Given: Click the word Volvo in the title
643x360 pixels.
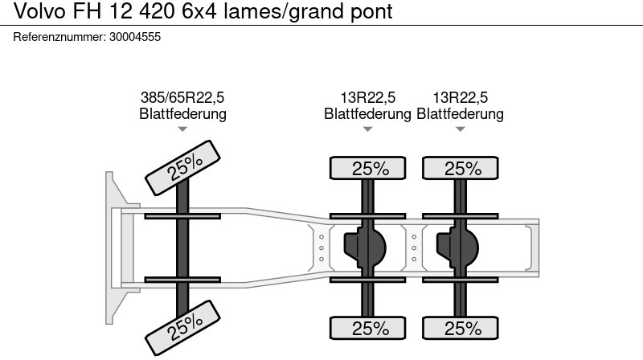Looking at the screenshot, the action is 39,10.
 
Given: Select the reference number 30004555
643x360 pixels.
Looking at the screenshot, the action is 135,37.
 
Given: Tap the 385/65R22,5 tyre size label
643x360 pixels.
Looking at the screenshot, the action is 182,97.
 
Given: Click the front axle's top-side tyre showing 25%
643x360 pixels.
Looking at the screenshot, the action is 182,168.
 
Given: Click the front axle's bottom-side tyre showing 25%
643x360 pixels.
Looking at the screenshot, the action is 182,328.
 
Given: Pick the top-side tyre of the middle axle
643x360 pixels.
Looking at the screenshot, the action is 368,168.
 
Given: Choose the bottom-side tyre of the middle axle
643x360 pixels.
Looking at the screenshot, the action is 368,328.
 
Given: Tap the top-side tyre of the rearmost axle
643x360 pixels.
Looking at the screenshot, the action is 460,168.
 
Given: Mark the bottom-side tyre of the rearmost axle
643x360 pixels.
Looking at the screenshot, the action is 460,328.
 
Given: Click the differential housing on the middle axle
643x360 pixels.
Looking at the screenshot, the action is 365,247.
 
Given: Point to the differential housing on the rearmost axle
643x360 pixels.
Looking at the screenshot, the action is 457,247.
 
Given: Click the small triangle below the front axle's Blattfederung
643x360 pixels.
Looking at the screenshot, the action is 182,129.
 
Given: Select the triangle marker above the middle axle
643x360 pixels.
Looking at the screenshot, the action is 368,129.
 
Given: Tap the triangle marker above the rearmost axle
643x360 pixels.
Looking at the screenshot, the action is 460,129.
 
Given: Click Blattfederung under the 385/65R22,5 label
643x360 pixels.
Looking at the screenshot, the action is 183,113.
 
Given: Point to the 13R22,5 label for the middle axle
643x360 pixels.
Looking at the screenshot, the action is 368,97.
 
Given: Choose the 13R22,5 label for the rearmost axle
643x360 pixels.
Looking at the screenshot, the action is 460,97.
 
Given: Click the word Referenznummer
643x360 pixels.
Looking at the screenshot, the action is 59,37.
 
